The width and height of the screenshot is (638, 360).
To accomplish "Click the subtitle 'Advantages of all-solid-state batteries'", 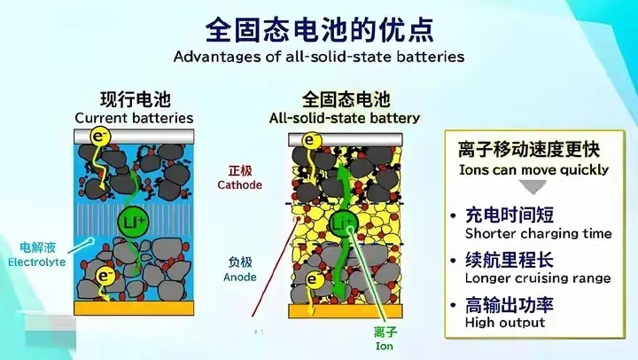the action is tap(319, 56).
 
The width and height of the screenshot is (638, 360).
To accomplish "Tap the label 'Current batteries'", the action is tap(134, 118).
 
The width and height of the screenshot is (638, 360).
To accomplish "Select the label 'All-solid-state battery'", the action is tap(345, 118).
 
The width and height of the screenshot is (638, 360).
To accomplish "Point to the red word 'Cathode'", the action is tap(240, 185).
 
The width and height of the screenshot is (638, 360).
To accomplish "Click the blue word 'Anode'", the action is tap(241, 277).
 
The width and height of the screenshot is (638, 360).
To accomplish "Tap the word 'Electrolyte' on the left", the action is tap(36, 262).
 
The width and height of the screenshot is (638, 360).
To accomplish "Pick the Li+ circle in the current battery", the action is tap(134, 219).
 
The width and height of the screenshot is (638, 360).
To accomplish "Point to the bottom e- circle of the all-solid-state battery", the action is tap(311, 280).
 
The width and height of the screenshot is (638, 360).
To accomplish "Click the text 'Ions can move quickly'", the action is tap(533, 169).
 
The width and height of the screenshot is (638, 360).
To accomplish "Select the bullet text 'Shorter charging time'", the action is tap(539, 234).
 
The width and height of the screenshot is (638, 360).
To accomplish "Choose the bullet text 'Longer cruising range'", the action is tap(538, 278).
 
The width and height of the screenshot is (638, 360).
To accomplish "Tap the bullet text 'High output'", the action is tap(505, 323).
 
